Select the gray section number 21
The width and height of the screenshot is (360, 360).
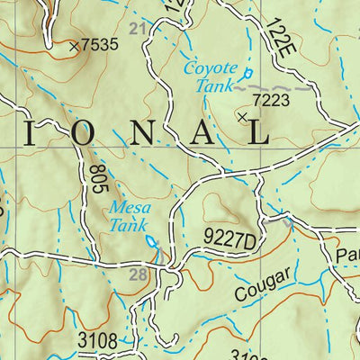coord(137,31)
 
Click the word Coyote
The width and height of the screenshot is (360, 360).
coord(210,67)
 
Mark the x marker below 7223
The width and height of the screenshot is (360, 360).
coord(241,116)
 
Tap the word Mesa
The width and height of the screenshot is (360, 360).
coord(129,208)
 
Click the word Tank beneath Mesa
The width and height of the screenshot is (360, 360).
coord(129,226)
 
